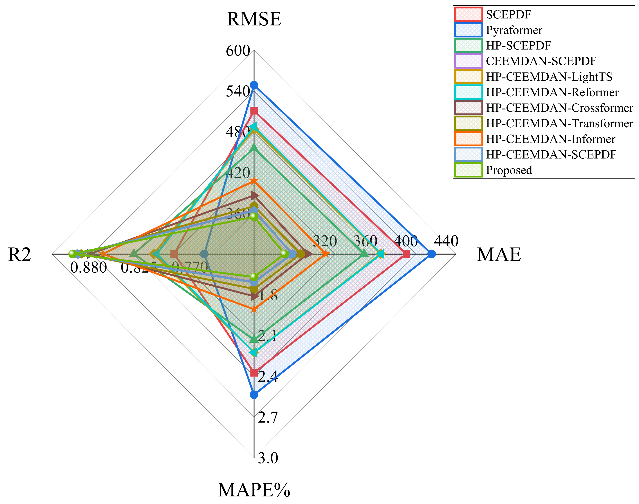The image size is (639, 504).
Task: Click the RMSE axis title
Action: (254, 19)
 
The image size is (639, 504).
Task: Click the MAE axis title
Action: (499, 254)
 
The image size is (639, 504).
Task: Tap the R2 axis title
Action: (19, 254)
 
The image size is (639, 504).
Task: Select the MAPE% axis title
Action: (254, 490)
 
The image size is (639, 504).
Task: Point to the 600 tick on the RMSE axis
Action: (238, 51)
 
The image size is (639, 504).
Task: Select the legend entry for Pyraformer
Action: (514, 30)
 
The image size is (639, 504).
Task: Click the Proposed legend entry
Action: (509, 170)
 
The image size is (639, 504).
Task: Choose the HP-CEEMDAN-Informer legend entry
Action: (550, 139)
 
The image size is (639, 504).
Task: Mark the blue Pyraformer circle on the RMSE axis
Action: (254, 85)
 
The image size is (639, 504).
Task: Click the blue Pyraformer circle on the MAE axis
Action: (431, 254)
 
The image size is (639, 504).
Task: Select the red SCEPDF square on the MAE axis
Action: (407, 254)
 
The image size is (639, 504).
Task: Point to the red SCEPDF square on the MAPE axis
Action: (254, 373)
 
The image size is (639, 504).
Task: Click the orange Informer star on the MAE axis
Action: (325, 254)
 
